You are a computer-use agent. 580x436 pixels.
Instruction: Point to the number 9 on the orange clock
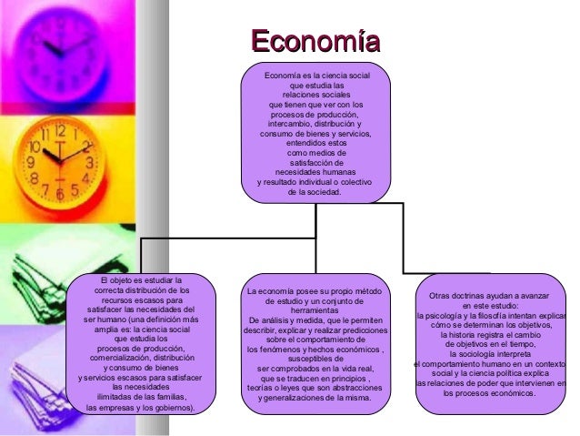tap(29, 163)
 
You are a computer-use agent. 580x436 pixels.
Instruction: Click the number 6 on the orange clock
tap(61, 194)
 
